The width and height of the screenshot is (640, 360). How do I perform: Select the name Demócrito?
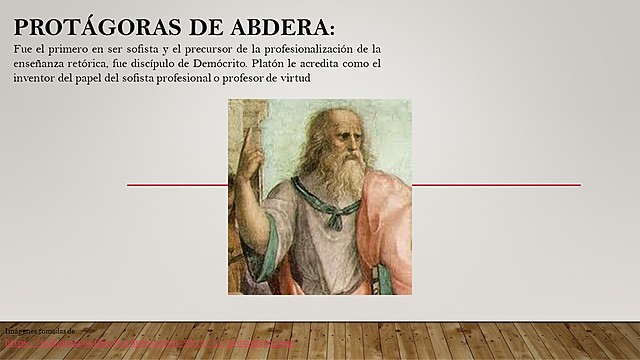click(261, 63)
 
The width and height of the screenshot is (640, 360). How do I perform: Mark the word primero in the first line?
click(68, 49)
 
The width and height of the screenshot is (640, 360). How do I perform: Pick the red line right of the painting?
click(496, 185)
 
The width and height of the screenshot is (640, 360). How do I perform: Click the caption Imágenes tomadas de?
click(41, 329)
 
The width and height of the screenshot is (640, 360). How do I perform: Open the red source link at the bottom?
click(150, 340)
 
